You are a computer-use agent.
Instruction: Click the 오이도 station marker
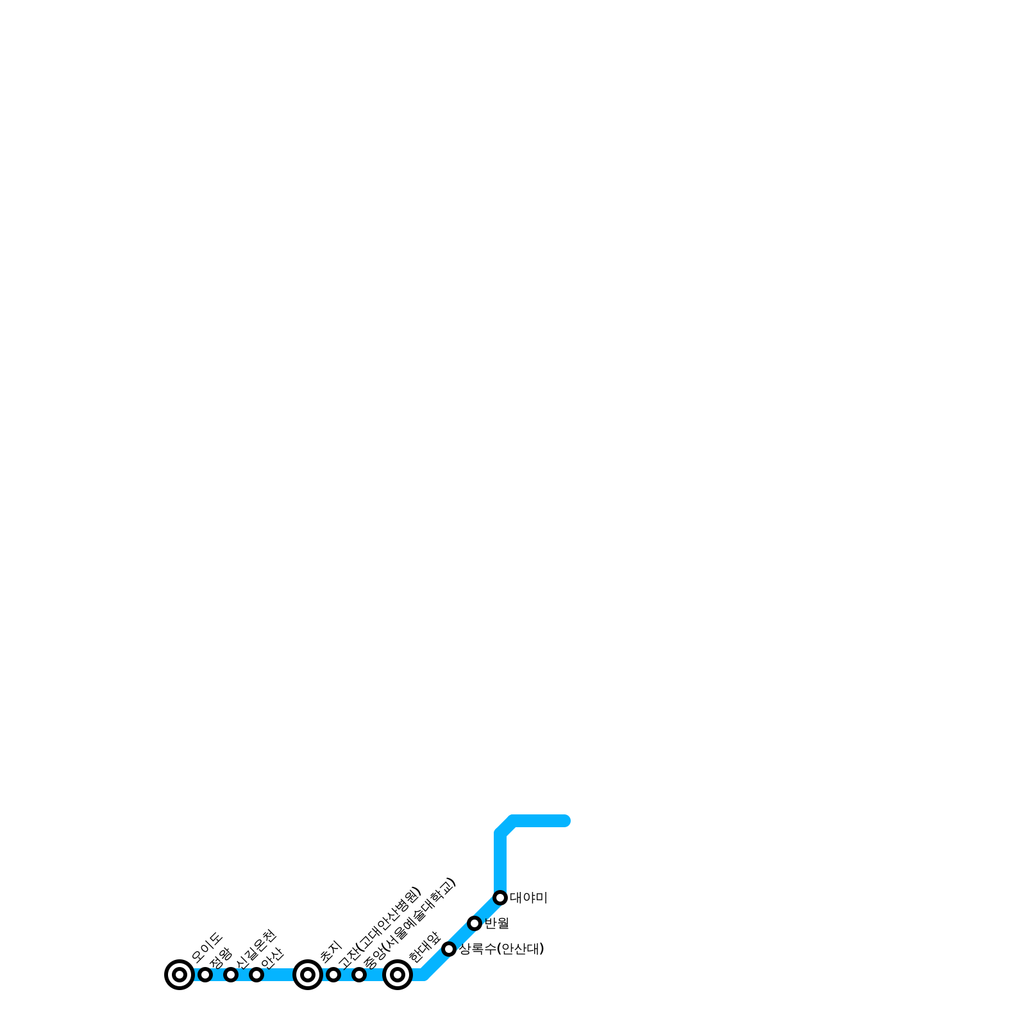tap(180, 975)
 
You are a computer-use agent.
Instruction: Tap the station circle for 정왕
tap(205, 975)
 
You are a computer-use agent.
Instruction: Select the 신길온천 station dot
tap(231, 975)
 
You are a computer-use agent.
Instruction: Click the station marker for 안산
tap(256, 975)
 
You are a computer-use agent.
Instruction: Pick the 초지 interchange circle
tap(308, 975)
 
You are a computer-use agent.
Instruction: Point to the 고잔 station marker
tap(333, 975)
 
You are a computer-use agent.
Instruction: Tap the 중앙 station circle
tap(359, 975)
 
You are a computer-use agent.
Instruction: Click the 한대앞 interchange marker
tap(398, 975)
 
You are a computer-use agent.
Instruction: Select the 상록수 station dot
tap(449, 949)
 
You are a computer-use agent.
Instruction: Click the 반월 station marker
tap(475, 923)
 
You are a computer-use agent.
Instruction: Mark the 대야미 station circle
tap(500, 898)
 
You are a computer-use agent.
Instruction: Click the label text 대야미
tap(528, 898)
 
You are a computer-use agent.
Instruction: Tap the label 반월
tap(496, 923)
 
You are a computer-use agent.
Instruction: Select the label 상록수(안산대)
tap(501, 949)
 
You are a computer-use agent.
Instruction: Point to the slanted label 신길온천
tap(256, 948)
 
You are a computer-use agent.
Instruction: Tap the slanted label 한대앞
tap(425, 947)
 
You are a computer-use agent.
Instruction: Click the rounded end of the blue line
tap(565, 821)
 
